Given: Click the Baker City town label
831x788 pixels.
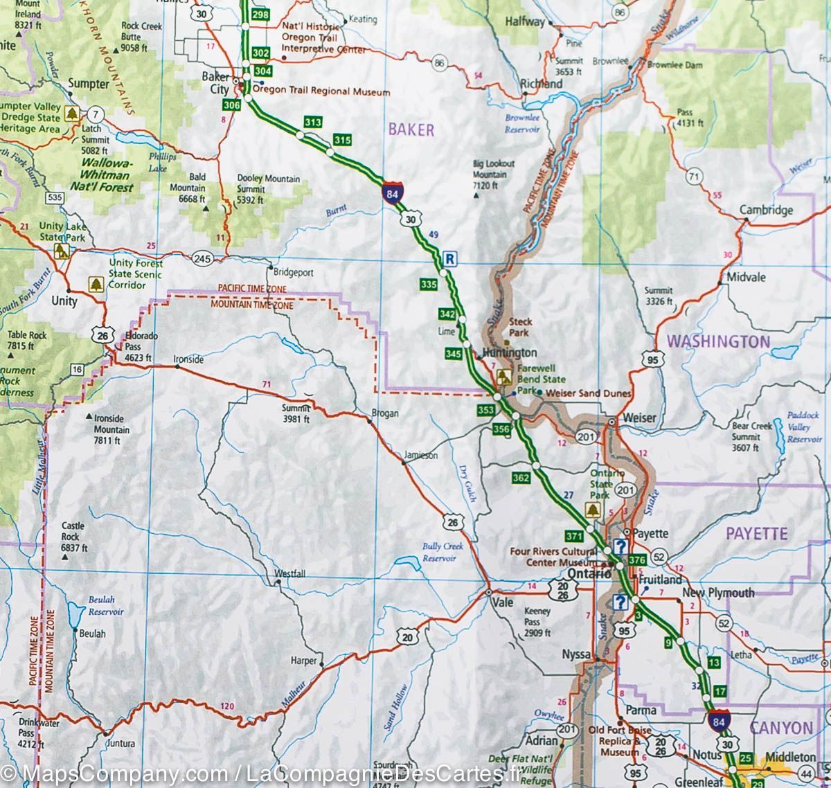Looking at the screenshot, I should pyautogui.click(x=214, y=82).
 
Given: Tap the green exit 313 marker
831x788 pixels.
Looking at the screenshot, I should pyautogui.click(x=313, y=123).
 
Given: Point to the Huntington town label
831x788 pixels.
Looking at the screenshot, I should pyautogui.click(x=510, y=352).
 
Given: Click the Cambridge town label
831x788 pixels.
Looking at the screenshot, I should pyautogui.click(x=766, y=210).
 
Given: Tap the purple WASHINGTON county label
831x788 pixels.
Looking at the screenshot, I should pyautogui.click(x=717, y=341).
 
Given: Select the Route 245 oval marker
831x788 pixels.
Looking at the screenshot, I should pyautogui.click(x=202, y=259).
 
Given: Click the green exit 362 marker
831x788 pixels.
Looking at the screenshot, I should pyautogui.click(x=521, y=477).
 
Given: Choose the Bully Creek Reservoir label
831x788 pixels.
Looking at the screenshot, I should pyautogui.click(x=442, y=551).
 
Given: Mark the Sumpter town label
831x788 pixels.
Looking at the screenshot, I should pyautogui.click(x=89, y=84).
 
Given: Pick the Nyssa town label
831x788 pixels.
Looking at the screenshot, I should pyautogui.click(x=576, y=654).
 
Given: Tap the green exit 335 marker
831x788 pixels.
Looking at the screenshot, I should pyautogui.click(x=428, y=285).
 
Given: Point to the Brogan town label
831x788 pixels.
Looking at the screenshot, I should pyautogui.click(x=385, y=413).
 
